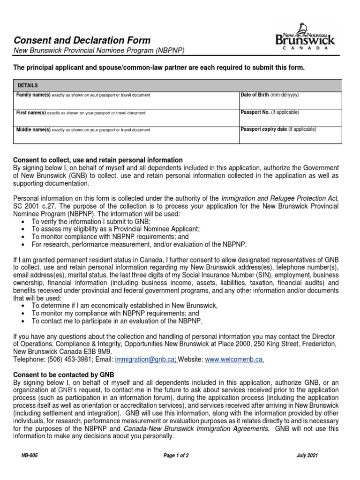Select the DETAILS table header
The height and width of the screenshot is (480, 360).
coord(28,86)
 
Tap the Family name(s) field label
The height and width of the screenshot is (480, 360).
coord(33,95)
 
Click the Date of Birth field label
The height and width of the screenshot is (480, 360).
coord(255,95)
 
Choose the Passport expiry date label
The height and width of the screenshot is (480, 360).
coord(263,129)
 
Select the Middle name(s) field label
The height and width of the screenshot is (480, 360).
coord(33,130)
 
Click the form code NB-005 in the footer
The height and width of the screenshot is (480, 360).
coord(28,456)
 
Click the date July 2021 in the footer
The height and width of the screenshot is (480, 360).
coord(308,456)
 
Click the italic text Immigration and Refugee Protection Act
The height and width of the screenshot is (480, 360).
coord(279,198)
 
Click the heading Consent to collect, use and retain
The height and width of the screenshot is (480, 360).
coord(97,160)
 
